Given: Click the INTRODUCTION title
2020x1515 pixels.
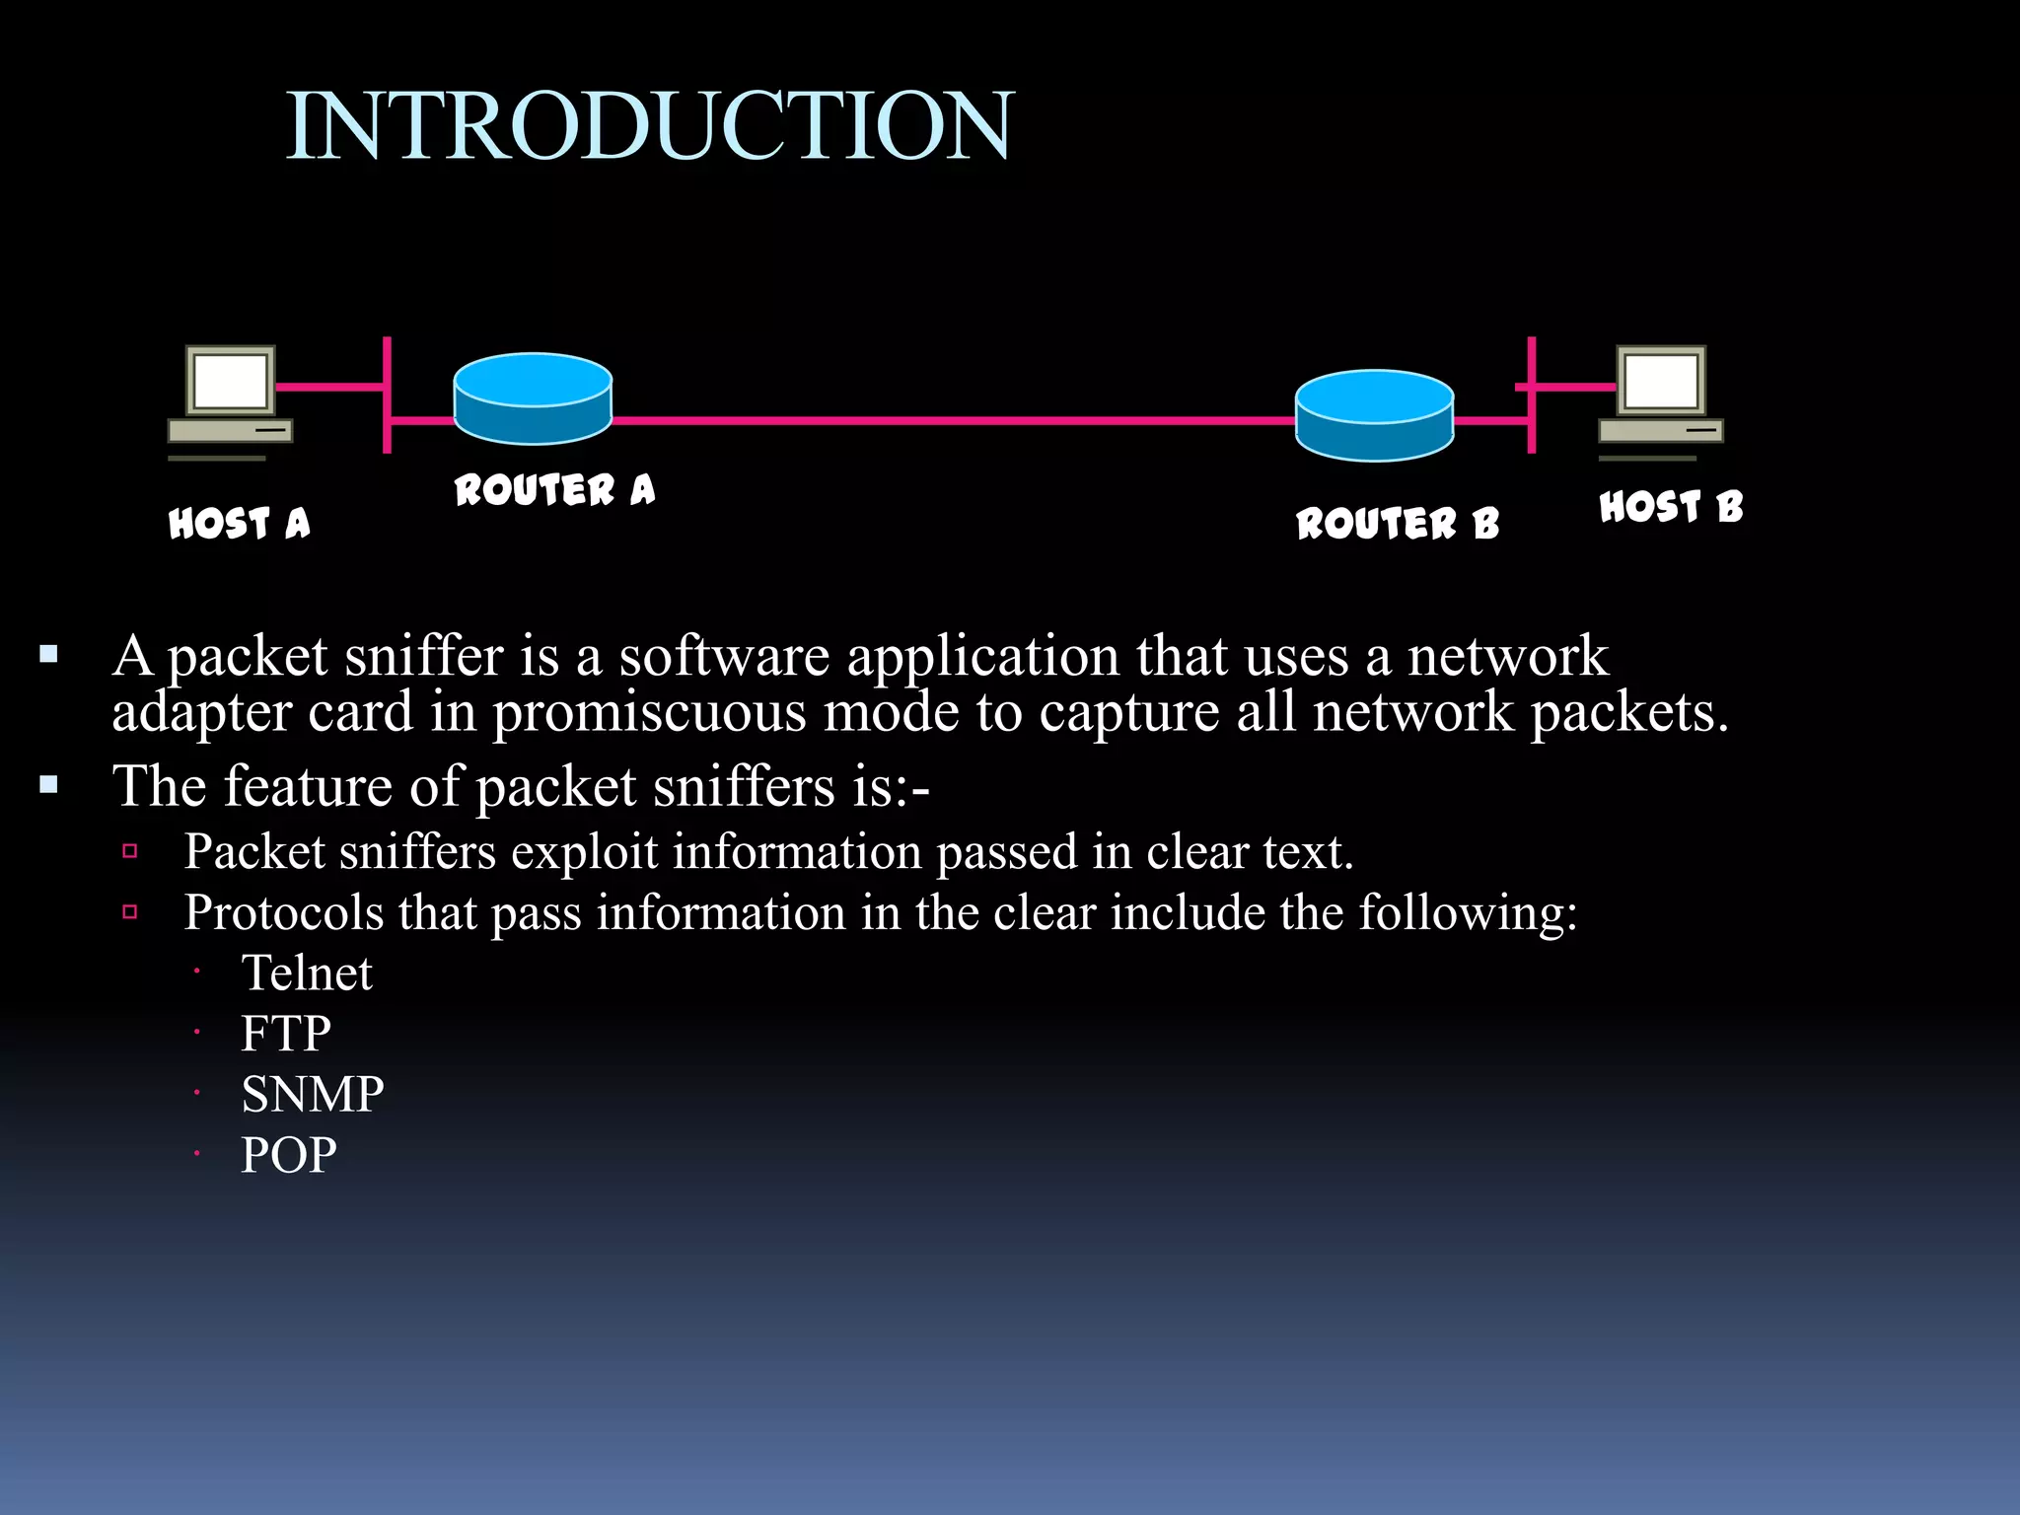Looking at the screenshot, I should coord(649,125).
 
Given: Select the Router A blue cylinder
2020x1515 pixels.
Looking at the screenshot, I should coord(533,398).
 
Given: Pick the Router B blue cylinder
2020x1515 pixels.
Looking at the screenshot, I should coord(1374,415).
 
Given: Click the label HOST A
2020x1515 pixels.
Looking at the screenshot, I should coord(240,523).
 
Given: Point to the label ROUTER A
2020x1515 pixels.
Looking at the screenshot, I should coord(554,489).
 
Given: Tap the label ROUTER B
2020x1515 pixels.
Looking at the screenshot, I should coord(1398,523).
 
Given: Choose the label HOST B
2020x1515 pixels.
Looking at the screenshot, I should coord(1671,507).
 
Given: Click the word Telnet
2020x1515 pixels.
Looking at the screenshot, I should coord(307,974).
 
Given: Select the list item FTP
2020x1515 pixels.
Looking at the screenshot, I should coord(286,1034).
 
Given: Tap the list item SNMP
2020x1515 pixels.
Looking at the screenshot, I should coord(313,1094).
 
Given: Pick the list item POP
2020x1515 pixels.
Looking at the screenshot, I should coord(289,1155).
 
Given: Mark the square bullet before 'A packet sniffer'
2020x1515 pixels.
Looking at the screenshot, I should coord(49,654).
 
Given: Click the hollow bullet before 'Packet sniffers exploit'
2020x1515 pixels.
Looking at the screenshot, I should coord(130,851).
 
